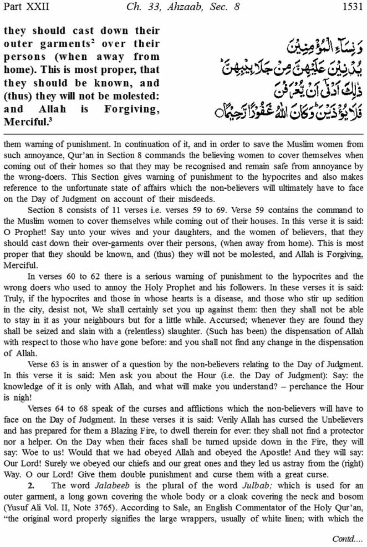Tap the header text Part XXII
point(26,7)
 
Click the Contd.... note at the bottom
point(347,539)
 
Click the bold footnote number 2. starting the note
point(31,486)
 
